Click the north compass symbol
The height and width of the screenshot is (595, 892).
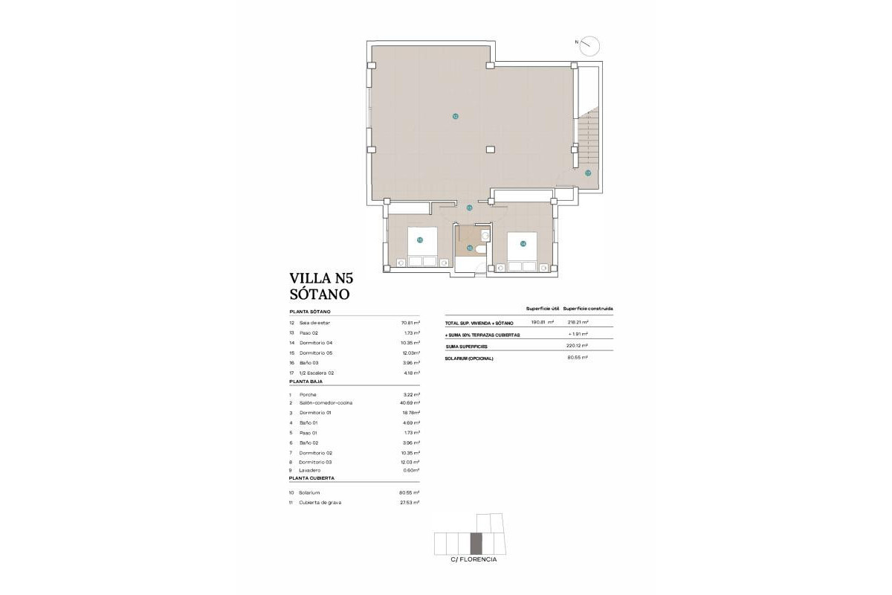pos(590,45)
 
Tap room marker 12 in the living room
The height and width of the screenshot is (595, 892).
pos(455,116)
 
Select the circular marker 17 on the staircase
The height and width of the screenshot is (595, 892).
pos(587,173)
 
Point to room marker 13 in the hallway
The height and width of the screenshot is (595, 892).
pos(469,208)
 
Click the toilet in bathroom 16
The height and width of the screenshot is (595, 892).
pos(481,248)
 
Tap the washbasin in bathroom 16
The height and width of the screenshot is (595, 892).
pos(485,235)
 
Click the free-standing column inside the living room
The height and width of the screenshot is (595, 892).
pos(490,149)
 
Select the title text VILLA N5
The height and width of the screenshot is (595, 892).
pos(322,279)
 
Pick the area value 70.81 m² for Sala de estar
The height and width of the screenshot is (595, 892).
pos(410,323)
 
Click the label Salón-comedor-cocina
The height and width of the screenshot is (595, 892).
pos(326,402)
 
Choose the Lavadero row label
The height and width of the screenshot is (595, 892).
pos(311,470)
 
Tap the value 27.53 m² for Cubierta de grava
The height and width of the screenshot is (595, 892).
pos(410,503)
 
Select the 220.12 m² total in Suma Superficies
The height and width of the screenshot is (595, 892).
pos(577,345)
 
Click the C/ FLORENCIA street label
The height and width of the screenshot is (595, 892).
pos(474,559)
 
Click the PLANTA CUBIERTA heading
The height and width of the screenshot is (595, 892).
pos(313,480)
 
